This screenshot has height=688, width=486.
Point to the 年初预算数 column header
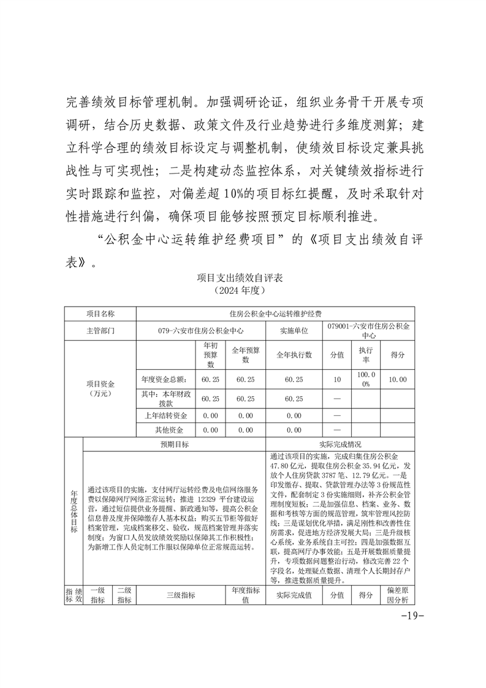pyautogui.click(x=210, y=354)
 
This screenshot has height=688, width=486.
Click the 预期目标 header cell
pyautogui.click(x=175, y=444)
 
